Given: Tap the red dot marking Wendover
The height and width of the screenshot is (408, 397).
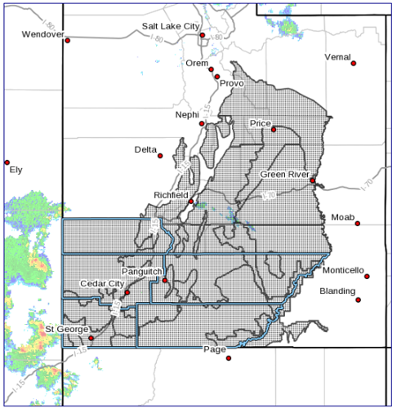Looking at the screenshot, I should pos(67,40).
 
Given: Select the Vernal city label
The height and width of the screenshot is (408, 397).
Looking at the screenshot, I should pos(337,57).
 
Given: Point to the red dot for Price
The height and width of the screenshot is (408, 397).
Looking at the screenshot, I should pos(274,129).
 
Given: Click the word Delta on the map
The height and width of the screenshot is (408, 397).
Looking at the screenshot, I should pos(145,150).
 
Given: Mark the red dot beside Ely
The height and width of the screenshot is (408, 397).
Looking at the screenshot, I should pos(7,162).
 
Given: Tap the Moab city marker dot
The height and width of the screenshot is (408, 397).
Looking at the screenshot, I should pos(357,223).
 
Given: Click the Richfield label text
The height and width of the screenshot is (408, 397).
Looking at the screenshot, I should pos(171,195).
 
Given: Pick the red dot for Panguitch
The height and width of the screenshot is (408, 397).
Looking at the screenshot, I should pos(165,281).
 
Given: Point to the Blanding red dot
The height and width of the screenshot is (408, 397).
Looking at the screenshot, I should pos(358,300).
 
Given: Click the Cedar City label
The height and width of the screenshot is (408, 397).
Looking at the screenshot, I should pos(101,283).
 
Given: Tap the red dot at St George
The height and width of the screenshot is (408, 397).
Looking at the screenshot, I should pos(91,338).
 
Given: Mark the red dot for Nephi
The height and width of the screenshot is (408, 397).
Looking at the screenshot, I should pos(203,124).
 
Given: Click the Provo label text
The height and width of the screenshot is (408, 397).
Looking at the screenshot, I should pos(231,83).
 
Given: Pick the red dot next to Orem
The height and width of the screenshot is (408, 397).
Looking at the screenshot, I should pos(211,70).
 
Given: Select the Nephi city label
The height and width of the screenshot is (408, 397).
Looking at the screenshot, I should pos(186,115).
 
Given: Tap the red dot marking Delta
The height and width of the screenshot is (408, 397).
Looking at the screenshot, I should pos(160,156).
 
